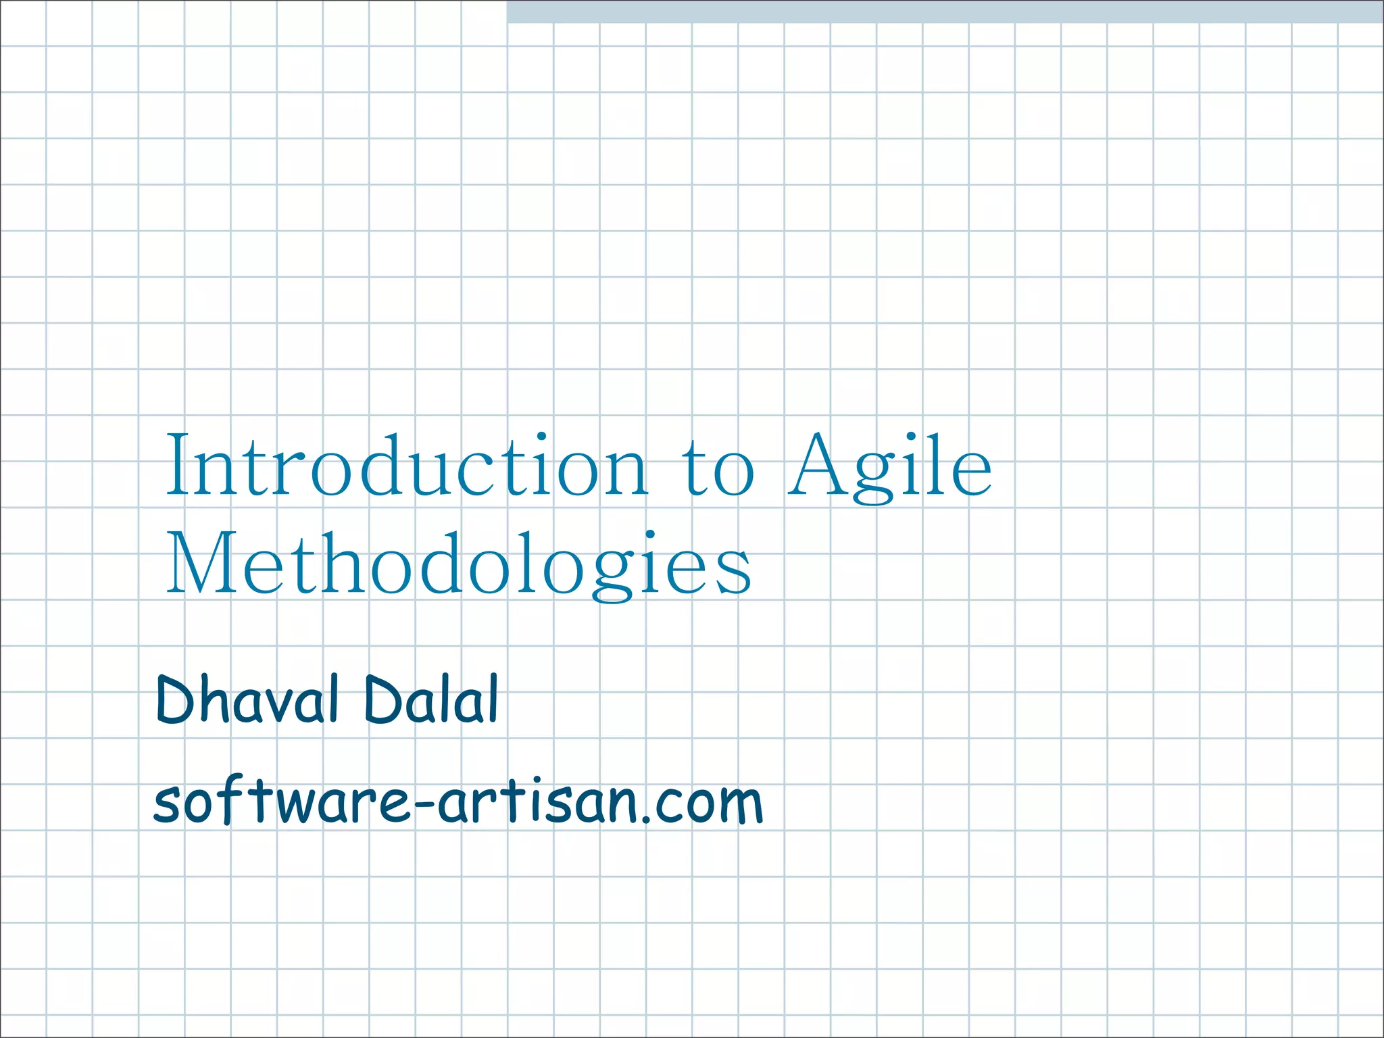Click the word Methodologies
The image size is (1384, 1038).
[x=458, y=564]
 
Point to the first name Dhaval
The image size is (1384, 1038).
[x=247, y=700]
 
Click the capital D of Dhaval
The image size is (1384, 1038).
[x=177, y=700]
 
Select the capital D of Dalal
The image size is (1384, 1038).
[x=384, y=700]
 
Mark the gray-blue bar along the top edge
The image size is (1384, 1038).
[x=945, y=11]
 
